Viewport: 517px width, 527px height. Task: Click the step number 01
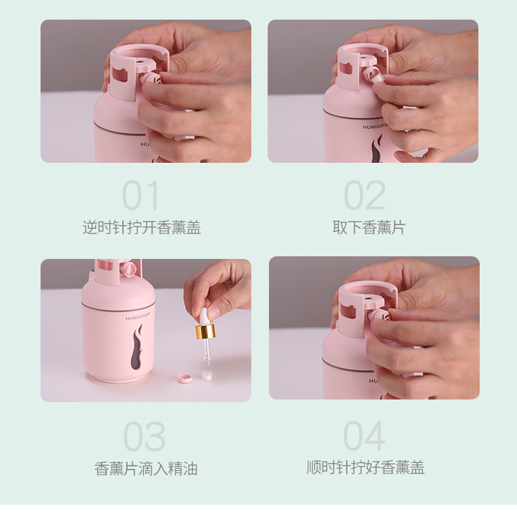coord(141,195)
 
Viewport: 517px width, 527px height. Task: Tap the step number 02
coord(365,195)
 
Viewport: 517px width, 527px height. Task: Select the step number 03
coord(144,437)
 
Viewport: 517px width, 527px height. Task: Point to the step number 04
coord(365,437)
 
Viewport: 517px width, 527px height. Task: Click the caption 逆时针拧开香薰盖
coord(141,228)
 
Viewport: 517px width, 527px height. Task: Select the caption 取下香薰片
coord(368,228)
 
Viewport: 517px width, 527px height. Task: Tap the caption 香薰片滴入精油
coord(146,469)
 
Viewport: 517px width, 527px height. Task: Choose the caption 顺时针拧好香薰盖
coord(366,467)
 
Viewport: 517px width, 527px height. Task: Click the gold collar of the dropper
coord(205,331)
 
